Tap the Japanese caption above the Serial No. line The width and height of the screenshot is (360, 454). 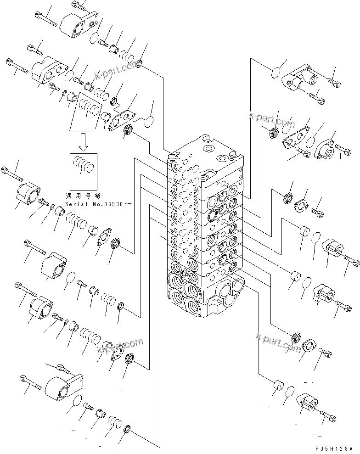pyautogui.click(x=87, y=194)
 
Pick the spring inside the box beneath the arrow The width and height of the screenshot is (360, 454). pyautogui.click(x=84, y=164)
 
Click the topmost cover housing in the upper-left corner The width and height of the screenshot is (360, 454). pyautogui.click(x=79, y=23)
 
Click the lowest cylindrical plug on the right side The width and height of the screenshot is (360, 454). pyautogui.click(x=276, y=387)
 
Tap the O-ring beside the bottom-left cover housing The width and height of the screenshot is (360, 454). pyautogui.click(x=78, y=401)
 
